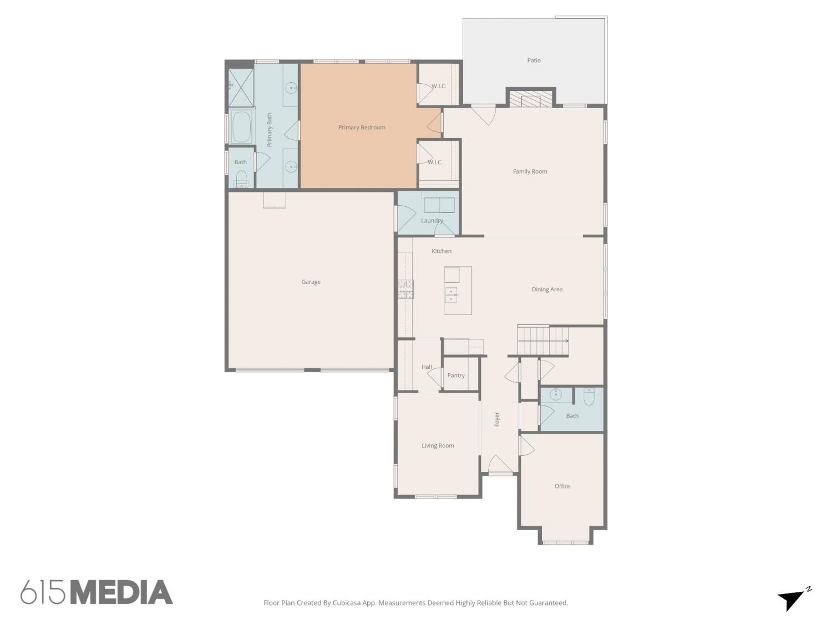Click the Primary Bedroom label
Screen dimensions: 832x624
pos(361,128)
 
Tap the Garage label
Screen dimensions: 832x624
pos(311,282)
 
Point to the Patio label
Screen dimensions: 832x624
pos(534,60)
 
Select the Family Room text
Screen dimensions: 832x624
pos(530,171)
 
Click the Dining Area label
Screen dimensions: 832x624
pos(546,289)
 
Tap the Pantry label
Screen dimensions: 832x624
pos(455,375)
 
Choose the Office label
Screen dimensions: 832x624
pos(562,486)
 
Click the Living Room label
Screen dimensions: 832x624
pos(438,445)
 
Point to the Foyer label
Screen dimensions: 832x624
pos(496,419)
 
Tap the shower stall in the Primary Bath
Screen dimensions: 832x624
pos(241,88)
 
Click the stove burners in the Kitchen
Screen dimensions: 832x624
pos(405,289)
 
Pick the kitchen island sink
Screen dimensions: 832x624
pos(450,296)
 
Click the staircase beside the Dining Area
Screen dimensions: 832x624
pos(542,341)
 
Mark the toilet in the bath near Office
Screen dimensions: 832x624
pos(588,396)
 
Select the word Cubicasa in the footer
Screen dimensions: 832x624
pos(347,602)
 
